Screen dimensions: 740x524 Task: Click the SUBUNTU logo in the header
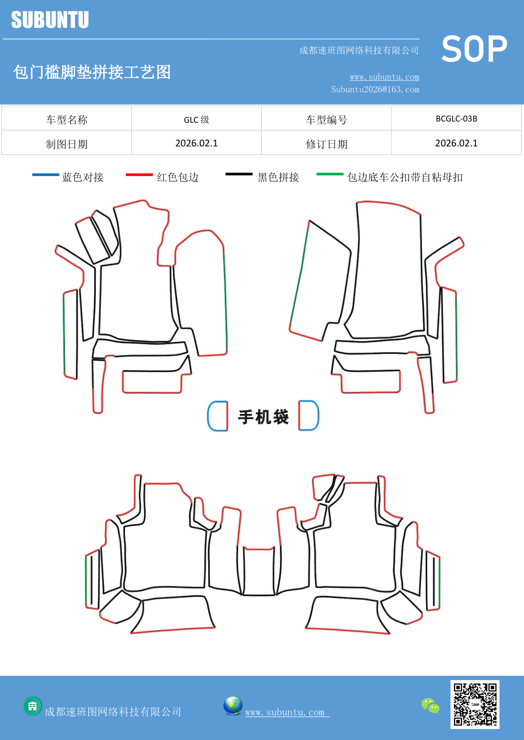[x=50, y=20]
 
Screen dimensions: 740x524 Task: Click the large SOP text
[x=474, y=49]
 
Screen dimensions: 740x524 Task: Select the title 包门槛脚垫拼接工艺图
[x=92, y=72]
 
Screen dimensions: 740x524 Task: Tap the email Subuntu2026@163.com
[x=375, y=89]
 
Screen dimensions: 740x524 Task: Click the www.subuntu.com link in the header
[x=384, y=77]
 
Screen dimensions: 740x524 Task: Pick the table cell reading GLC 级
[x=196, y=119]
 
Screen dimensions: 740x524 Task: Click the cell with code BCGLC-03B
[x=456, y=119]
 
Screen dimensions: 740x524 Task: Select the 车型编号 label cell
[x=326, y=120]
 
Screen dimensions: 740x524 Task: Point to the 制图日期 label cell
[x=67, y=144]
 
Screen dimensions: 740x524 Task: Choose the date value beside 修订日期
[x=456, y=143]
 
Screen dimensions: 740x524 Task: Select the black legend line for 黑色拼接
[x=239, y=174]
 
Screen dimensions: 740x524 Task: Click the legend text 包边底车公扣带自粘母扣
[x=405, y=177]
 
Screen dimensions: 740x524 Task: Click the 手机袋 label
[x=263, y=417]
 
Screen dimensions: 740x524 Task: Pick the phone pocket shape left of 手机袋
[x=218, y=416]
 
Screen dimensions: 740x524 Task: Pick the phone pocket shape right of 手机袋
[x=309, y=416]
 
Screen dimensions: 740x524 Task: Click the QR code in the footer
[x=475, y=704]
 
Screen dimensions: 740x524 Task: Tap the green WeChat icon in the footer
[x=430, y=705]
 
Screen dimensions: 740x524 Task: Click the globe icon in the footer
[x=233, y=706]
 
